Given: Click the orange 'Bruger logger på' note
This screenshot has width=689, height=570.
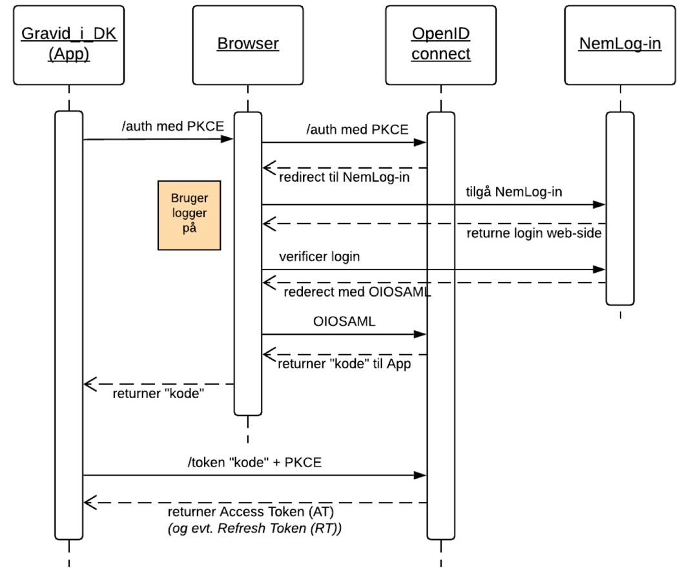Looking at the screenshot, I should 190,215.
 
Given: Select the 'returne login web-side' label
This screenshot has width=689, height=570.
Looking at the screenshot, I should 534,233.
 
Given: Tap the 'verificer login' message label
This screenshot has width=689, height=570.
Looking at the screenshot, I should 320,257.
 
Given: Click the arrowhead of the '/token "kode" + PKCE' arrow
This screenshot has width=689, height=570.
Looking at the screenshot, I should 422,476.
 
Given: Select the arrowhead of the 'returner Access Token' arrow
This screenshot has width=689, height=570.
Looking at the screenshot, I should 89,502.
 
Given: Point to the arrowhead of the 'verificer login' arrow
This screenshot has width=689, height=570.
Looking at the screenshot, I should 601,269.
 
